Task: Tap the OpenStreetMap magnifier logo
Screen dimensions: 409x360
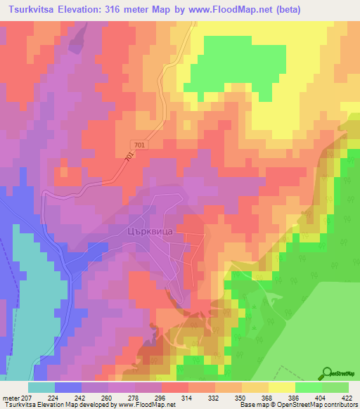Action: [327, 373]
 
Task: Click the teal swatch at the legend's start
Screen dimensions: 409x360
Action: [41, 387]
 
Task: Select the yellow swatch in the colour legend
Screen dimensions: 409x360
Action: [281, 387]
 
